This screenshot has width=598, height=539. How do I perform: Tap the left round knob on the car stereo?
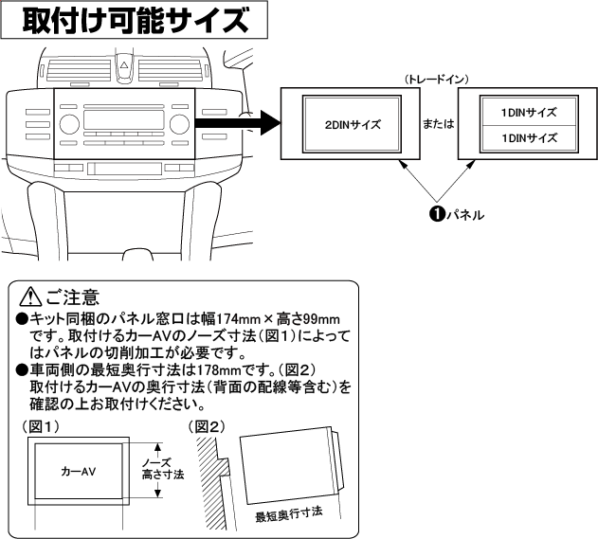[x=68, y=125]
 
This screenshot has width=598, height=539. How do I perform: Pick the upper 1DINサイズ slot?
[x=528, y=113]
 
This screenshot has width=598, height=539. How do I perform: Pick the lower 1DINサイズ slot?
[x=528, y=137]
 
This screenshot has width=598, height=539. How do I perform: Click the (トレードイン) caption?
[x=436, y=80]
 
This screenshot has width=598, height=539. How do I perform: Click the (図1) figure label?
[x=37, y=427]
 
